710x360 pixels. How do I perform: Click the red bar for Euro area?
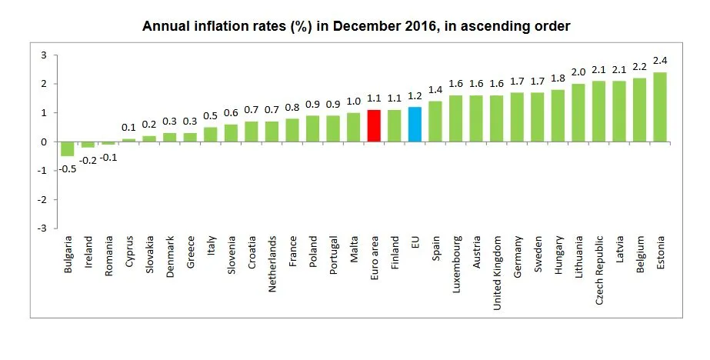coord(374,125)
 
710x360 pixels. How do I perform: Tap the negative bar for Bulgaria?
coord(68,148)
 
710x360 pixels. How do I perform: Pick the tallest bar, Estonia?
coord(660,107)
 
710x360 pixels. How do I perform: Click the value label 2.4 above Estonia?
coord(660,60)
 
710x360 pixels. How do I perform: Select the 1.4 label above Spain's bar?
coord(435,90)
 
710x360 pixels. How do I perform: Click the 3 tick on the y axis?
coord(44,55)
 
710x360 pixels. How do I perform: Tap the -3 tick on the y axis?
coord(42,228)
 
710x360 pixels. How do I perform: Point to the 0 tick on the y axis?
coord(44,142)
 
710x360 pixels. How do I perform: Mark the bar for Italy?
coord(211,135)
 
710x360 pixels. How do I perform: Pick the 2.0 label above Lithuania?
coord(578,72)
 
